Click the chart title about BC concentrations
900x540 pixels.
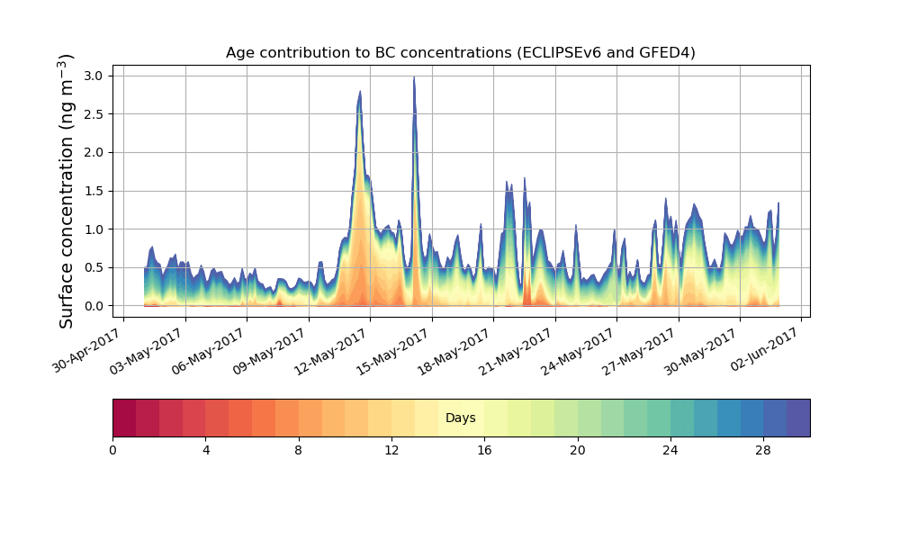[x=460, y=53]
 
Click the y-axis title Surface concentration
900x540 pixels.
[x=67, y=191]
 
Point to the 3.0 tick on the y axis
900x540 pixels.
[x=94, y=76]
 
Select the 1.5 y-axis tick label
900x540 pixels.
[x=94, y=191]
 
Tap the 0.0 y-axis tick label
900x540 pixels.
[x=94, y=306]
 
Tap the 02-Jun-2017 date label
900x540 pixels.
[x=765, y=353]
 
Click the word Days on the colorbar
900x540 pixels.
[x=460, y=418]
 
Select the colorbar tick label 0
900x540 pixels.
[x=112, y=450]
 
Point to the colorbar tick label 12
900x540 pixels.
[x=391, y=450]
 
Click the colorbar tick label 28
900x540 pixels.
[x=763, y=450]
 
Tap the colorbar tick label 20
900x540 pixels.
[x=577, y=450]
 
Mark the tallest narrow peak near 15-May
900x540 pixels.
[x=414, y=78]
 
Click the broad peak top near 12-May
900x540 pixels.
[x=360, y=93]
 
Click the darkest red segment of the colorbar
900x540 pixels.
[x=124, y=418]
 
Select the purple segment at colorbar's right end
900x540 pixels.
[x=798, y=418]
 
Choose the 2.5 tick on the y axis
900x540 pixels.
[x=94, y=114]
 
